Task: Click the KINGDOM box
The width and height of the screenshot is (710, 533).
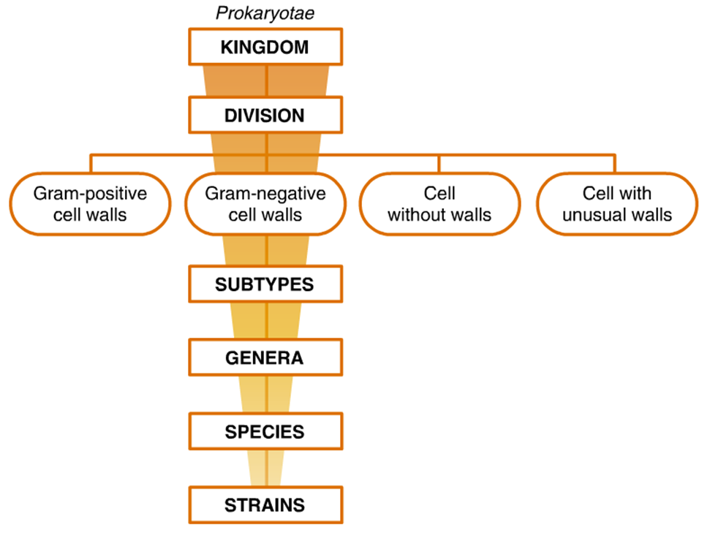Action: (265, 48)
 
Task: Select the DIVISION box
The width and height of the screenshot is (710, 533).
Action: (265, 116)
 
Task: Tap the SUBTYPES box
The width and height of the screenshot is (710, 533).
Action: (265, 284)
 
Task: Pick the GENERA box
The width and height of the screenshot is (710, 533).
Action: (265, 358)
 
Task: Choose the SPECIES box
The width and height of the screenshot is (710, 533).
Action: (265, 431)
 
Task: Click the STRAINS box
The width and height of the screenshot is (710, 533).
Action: (265, 504)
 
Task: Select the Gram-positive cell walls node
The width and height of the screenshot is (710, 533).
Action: (91, 204)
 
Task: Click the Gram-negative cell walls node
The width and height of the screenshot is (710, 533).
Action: (265, 204)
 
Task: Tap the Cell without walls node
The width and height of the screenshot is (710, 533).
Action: (439, 204)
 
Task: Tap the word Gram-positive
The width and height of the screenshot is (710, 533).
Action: (91, 194)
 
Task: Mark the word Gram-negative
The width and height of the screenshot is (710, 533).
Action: (265, 194)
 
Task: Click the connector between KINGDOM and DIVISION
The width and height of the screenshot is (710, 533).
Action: (267, 81)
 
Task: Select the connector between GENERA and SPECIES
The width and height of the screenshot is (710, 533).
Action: (267, 394)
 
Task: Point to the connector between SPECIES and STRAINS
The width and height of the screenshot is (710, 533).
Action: (267, 468)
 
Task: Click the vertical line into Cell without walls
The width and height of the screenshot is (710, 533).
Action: (439, 163)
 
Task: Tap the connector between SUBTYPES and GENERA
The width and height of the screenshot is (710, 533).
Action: (267, 321)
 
